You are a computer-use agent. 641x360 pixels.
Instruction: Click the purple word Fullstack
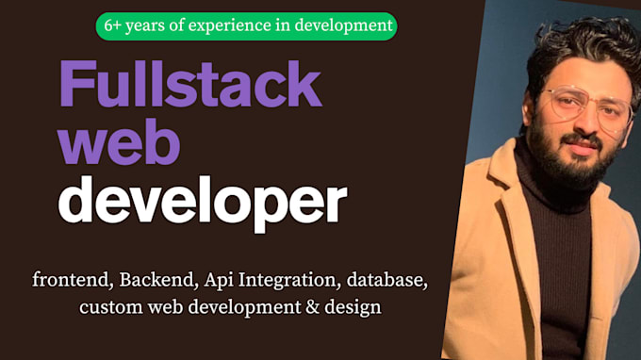tap(191, 84)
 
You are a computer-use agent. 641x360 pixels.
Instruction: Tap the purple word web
tap(119, 141)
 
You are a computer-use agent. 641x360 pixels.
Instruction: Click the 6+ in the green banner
tap(113, 25)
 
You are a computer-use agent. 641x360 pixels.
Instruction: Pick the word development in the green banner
tap(344, 26)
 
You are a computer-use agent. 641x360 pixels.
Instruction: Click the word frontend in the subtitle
tap(74, 280)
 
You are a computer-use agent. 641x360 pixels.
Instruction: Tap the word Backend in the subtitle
tap(156, 280)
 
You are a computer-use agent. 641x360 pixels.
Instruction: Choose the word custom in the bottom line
tap(111, 307)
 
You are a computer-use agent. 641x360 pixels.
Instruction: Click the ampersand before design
tap(312, 307)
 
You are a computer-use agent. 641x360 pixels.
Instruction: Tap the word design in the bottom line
tap(353, 307)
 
